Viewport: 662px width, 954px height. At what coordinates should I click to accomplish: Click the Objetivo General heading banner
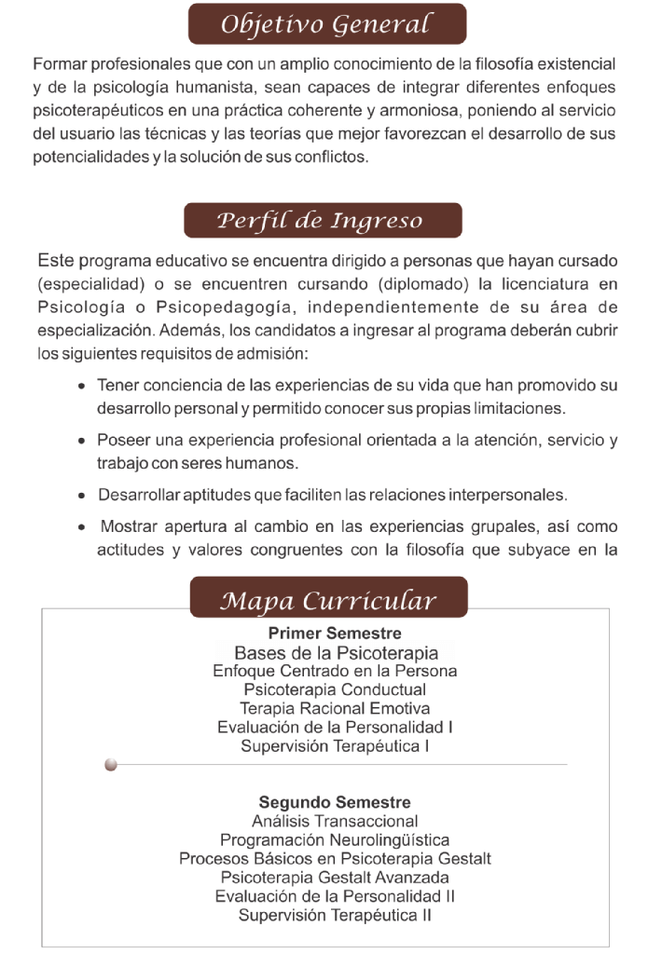(x=326, y=24)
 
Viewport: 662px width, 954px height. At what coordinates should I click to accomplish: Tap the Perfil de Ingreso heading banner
(x=321, y=221)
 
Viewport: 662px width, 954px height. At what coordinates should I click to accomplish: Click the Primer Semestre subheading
(x=335, y=634)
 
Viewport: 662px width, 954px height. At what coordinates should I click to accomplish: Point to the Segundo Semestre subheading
(x=335, y=802)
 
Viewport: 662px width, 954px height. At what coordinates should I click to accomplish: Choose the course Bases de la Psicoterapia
(x=336, y=653)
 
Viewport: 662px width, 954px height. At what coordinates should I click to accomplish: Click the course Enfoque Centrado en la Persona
(x=335, y=671)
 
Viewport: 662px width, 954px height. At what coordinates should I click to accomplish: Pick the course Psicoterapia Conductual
(x=335, y=689)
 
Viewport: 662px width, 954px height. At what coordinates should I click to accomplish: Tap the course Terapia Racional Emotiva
(x=335, y=708)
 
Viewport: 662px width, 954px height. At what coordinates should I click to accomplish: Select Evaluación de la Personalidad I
(x=335, y=727)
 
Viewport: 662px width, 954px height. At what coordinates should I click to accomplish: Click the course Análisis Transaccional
(x=335, y=821)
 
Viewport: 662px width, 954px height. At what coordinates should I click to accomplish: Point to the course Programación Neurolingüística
(x=335, y=839)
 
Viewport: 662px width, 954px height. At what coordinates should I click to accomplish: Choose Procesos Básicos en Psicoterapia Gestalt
(x=335, y=858)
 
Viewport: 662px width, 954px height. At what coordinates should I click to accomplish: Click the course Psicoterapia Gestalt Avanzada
(x=335, y=877)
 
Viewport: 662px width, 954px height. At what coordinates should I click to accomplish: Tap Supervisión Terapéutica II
(x=335, y=914)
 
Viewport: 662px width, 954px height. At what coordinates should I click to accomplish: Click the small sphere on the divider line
(x=111, y=765)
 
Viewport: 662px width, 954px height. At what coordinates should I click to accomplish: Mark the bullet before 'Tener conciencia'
(x=85, y=386)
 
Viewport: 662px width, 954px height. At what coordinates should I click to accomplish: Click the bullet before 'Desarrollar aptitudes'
(x=85, y=494)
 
